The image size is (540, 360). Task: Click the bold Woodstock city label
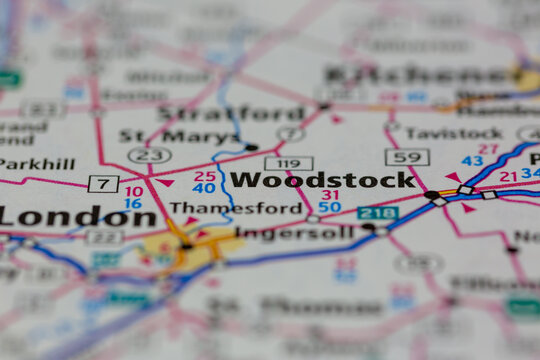tap(322, 180)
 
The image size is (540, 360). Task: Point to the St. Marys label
tap(179, 136)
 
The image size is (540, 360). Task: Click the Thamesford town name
tap(235, 208)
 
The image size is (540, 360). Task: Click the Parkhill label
tap(37, 163)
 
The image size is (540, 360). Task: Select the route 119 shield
tap(288, 162)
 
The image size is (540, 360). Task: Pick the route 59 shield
tap(406, 157)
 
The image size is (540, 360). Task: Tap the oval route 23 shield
tap(149, 155)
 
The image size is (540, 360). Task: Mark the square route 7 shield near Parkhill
tap(103, 183)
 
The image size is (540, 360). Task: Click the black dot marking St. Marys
tap(251, 147)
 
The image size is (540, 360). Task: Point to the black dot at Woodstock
tap(431, 194)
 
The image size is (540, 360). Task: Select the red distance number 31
tap(330, 194)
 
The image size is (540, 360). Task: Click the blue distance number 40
tap(204, 188)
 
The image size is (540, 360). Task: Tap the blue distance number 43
tap(472, 161)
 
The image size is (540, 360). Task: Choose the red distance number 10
tap(133, 190)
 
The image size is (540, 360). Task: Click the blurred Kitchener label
tap(420, 73)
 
